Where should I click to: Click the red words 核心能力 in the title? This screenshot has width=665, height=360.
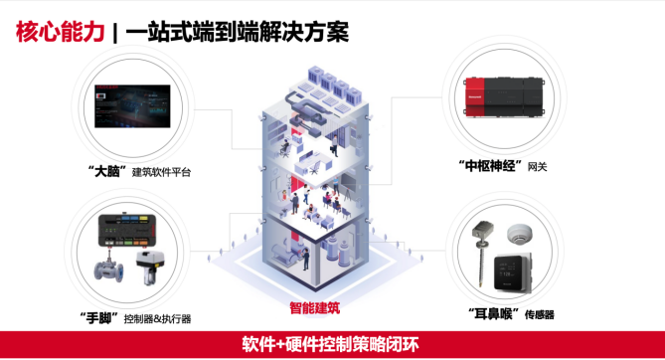tap(61, 32)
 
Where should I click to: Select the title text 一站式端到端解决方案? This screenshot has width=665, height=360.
tap(238, 32)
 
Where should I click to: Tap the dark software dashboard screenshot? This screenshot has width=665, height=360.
tap(132, 106)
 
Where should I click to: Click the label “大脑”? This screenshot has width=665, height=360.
tap(107, 171)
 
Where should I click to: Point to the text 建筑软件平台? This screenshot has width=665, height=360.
tap(162, 172)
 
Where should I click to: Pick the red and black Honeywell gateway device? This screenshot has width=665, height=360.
tap(504, 96)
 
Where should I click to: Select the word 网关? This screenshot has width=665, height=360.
tap(538, 166)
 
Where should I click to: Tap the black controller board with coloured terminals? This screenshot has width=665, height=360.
tap(128, 230)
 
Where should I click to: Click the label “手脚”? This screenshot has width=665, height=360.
tap(99, 317)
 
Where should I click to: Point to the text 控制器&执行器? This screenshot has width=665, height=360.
tap(157, 318)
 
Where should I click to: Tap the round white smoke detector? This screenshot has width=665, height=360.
tap(520, 234)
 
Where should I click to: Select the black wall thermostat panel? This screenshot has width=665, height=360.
tap(513, 272)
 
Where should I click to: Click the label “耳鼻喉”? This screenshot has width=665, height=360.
tap(494, 314)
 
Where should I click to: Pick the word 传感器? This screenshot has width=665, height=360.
tap(540, 314)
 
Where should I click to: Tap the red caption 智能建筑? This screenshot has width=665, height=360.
tap(315, 307)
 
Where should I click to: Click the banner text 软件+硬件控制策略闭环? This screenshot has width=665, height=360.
tap(330, 344)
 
